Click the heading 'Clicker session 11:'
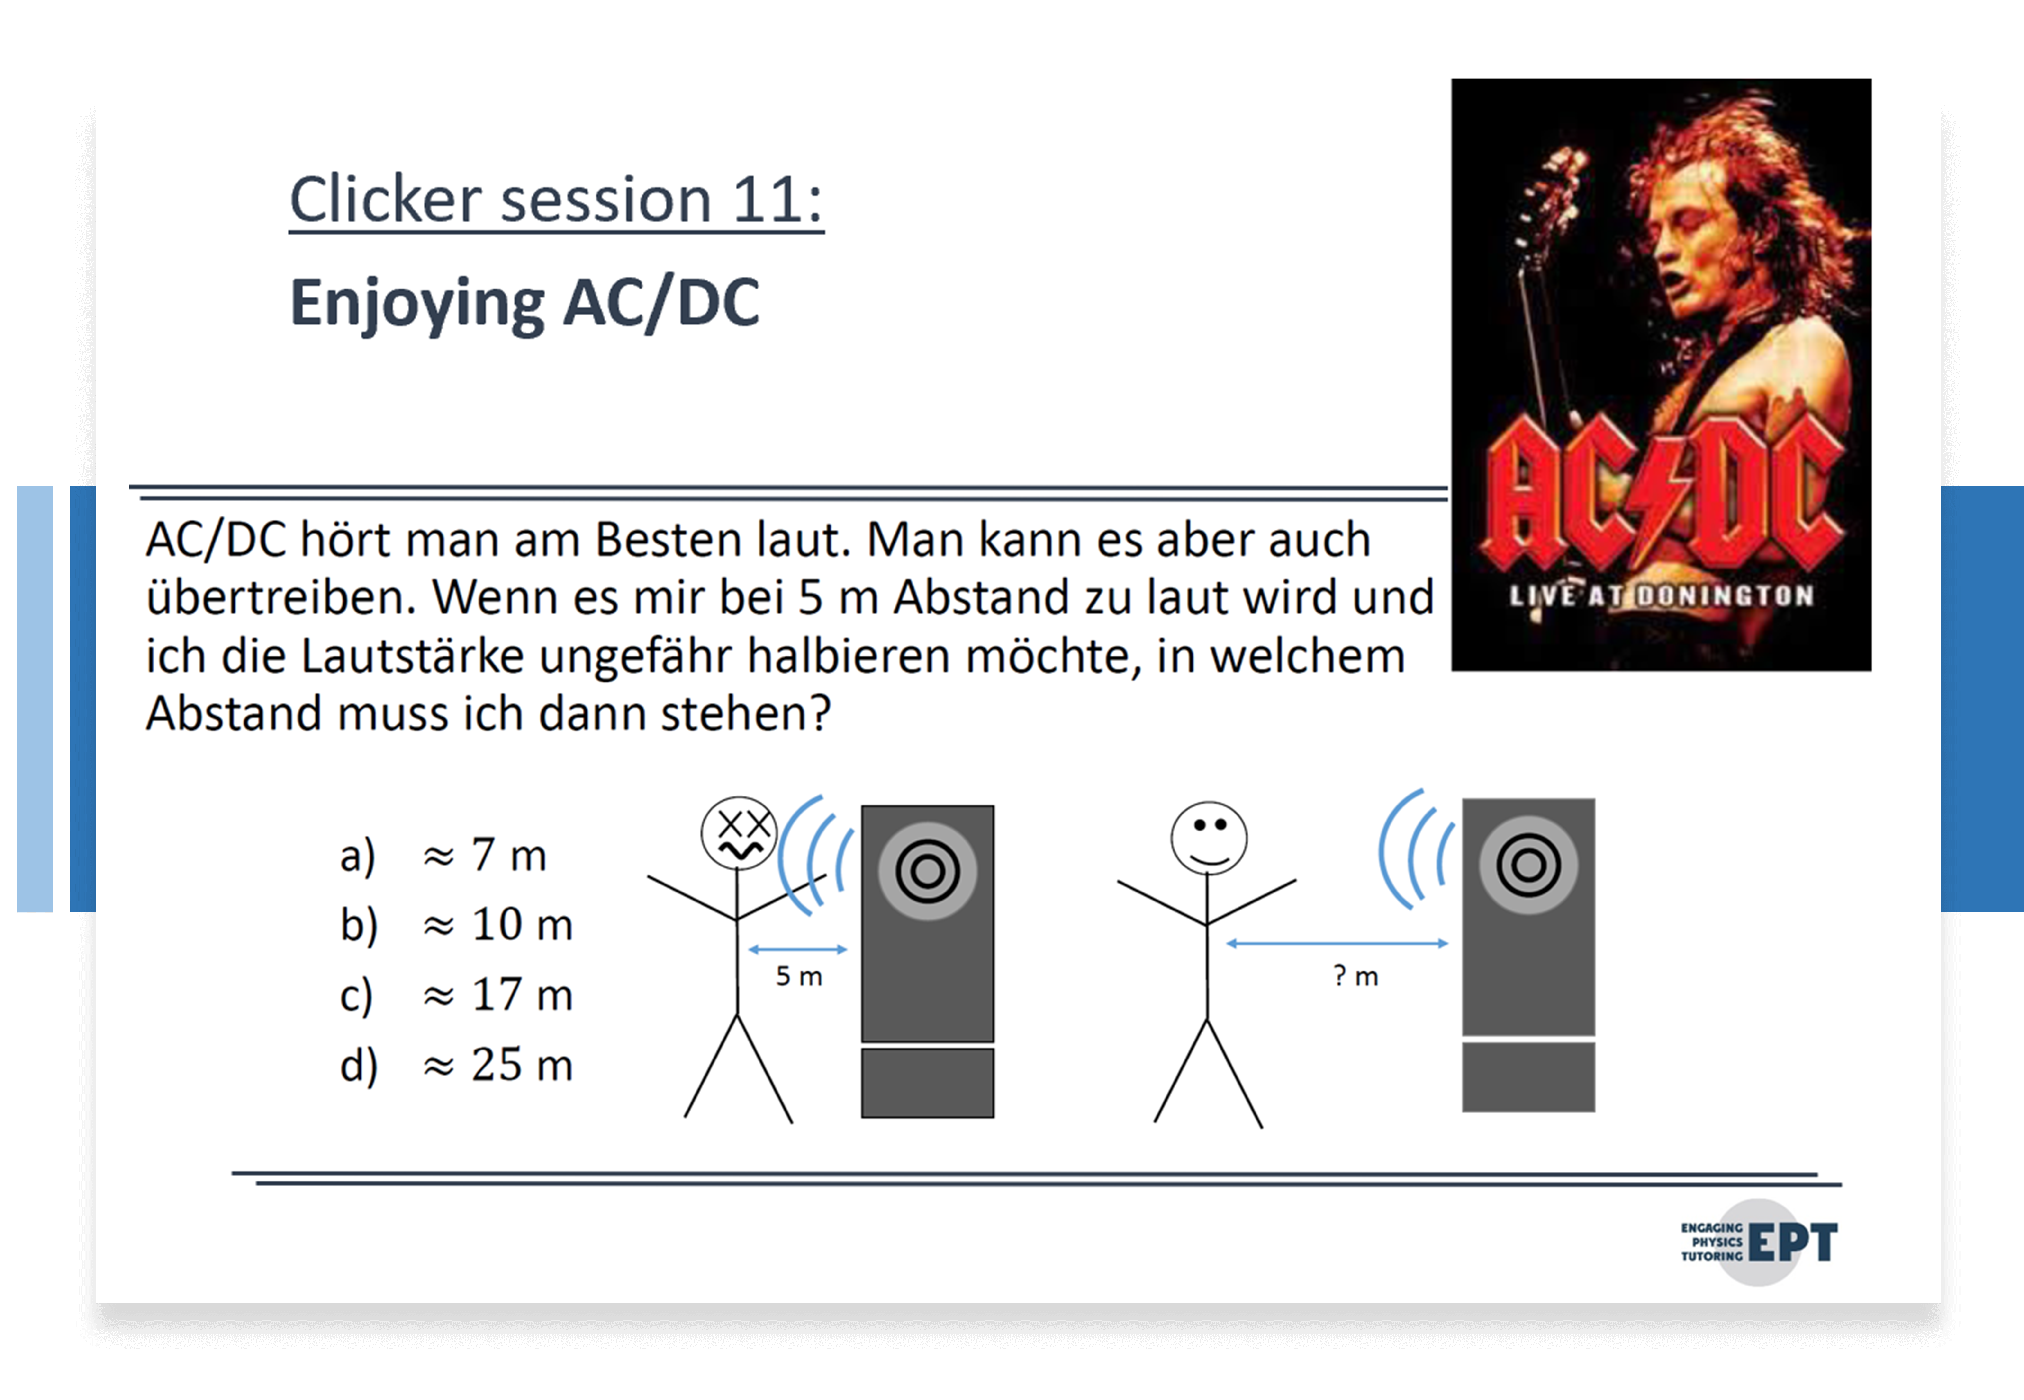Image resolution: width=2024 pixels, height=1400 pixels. (x=556, y=200)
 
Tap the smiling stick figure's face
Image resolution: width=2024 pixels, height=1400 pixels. (x=1209, y=838)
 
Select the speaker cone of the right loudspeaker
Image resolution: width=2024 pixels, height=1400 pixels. (x=1528, y=865)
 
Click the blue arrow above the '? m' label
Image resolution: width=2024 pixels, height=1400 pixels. (x=1337, y=943)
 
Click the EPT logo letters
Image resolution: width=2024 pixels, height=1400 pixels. (x=1792, y=1242)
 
